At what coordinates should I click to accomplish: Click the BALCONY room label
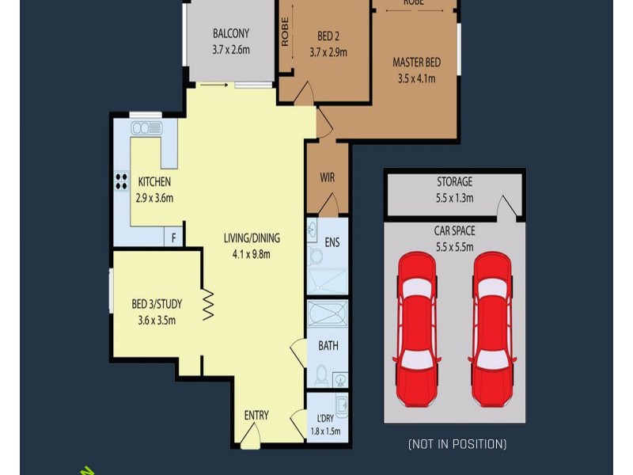click(230, 34)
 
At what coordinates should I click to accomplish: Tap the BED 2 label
click(328, 36)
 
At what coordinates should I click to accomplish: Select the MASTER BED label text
click(416, 63)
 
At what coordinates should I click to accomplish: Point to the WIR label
click(327, 178)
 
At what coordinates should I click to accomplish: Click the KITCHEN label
click(154, 182)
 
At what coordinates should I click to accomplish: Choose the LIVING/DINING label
click(251, 238)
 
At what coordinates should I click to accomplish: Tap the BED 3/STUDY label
click(157, 304)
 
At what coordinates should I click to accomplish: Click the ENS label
click(332, 242)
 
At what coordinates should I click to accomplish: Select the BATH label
click(328, 346)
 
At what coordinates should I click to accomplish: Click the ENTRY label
click(256, 416)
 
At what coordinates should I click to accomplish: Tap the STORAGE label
click(454, 182)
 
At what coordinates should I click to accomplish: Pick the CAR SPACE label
click(454, 231)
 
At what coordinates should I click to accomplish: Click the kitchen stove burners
click(121, 181)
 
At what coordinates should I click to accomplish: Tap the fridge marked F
click(173, 237)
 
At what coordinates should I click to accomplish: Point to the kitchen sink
click(146, 128)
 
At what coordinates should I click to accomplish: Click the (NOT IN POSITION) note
click(457, 444)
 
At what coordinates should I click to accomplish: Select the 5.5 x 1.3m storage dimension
click(454, 198)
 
